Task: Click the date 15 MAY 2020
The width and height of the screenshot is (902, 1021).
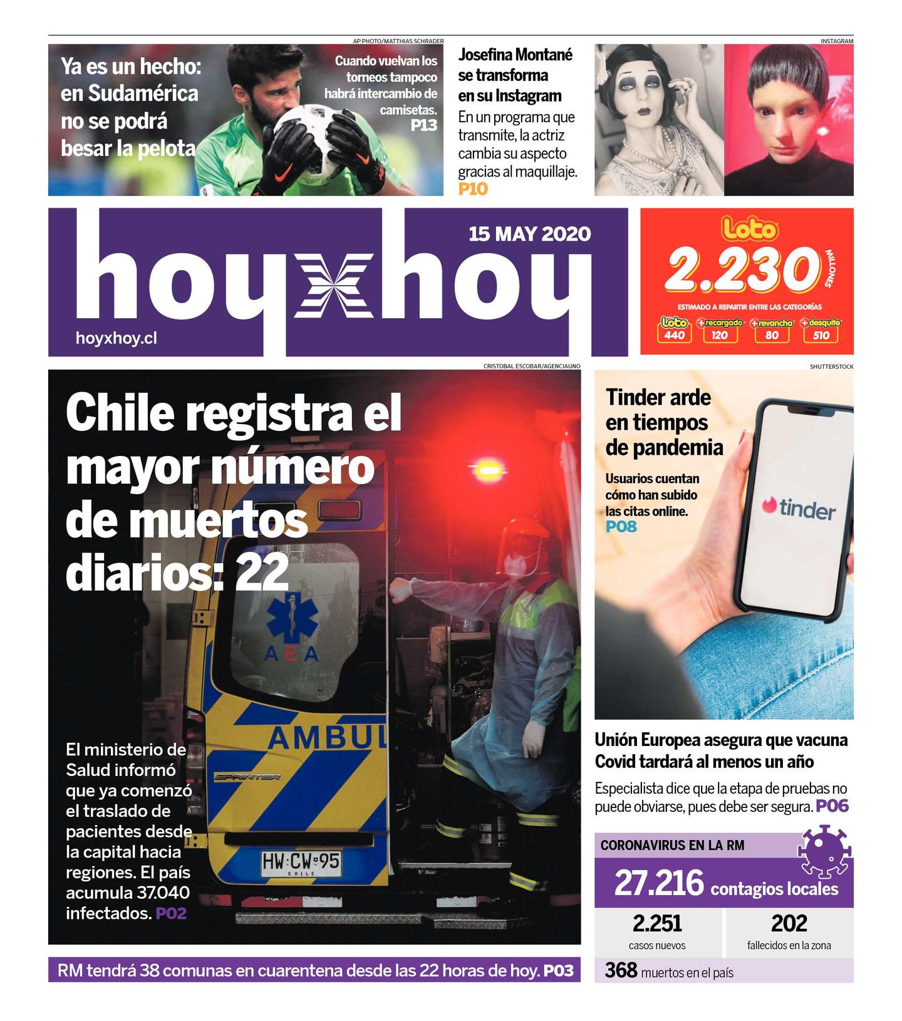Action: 529,234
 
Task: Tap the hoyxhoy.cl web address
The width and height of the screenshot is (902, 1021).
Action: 116,338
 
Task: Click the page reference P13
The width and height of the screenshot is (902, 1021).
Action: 423,125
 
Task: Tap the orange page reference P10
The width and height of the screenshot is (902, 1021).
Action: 472,189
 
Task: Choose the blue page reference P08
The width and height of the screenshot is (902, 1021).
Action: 621,527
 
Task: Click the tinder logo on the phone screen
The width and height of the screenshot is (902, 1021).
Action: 799,509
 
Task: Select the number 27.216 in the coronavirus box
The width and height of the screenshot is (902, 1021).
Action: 659,883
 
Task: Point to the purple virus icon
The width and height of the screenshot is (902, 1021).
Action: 823,850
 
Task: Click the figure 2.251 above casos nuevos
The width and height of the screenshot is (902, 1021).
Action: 656,923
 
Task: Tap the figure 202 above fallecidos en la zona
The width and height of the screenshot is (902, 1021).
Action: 789,923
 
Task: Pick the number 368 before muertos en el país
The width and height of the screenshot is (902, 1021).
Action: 621,970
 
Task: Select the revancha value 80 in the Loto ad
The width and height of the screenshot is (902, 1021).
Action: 772,335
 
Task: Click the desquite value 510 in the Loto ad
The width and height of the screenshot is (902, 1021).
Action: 821,335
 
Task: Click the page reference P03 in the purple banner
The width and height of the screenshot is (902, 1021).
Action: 558,971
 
